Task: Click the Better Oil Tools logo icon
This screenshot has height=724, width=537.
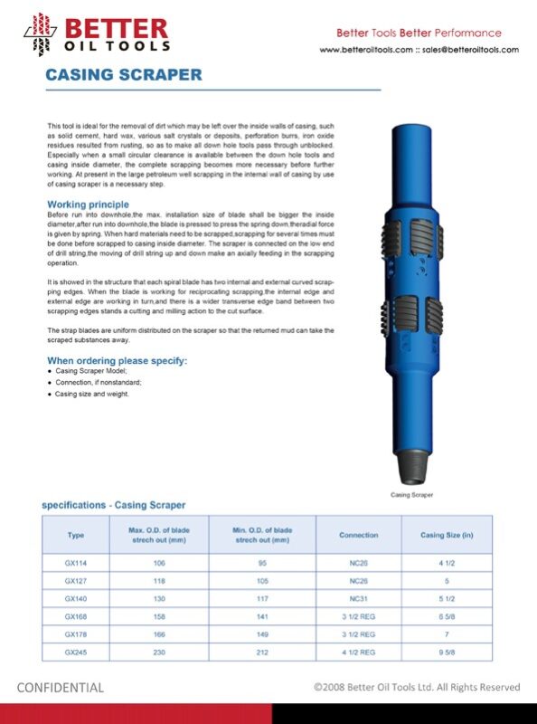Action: pyautogui.click(x=40, y=33)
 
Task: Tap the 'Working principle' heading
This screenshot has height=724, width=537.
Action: pyautogui.click(x=88, y=205)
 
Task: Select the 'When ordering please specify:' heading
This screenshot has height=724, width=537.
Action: pyautogui.click(x=117, y=361)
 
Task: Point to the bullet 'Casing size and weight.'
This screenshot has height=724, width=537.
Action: pyautogui.click(x=92, y=395)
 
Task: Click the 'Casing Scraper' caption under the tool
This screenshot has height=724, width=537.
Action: pyautogui.click(x=411, y=495)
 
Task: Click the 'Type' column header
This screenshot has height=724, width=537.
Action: pyautogui.click(x=76, y=535)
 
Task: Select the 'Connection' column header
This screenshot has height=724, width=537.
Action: pyautogui.click(x=358, y=535)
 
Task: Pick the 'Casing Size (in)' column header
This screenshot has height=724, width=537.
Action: pyautogui.click(x=447, y=535)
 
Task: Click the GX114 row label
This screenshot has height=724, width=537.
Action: pyautogui.click(x=76, y=563)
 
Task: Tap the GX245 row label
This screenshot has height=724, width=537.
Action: pyautogui.click(x=76, y=652)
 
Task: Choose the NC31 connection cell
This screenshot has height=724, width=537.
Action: pyautogui.click(x=358, y=598)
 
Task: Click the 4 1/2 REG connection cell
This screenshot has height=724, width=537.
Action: pyautogui.click(x=358, y=652)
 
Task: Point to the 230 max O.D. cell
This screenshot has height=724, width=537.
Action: pyautogui.click(x=159, y=652)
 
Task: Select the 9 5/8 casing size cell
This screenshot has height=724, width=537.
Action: pyautogui.click(x=447, y=652)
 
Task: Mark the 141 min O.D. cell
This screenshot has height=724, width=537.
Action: pyautogui.click(x=262, y=616)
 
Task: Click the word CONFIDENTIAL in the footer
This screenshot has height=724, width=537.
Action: pyautogui.click(x=61, y=688)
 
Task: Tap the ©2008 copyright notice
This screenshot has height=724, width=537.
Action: pyautogui.click(x=417, y=688)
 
